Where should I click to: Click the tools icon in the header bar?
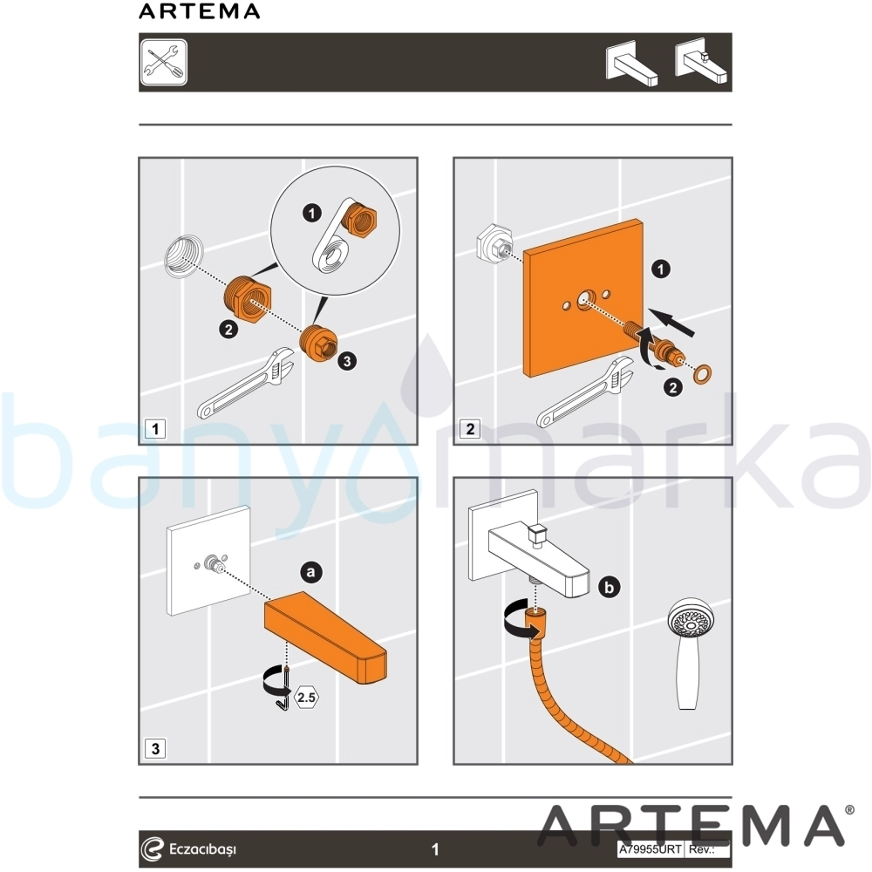tap(164, 62)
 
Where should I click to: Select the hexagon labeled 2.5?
tap(306, 697)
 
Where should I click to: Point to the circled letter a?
tap(311, 572)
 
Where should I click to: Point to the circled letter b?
tap(610, 587)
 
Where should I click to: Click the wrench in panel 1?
tap(245, 384)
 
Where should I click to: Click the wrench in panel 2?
tap(584, 392)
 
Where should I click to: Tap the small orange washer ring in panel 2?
tap(702, 374)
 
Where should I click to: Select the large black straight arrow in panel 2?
tap(673, 323)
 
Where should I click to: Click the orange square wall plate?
tap(583, 298)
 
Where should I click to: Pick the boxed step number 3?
tap(155, 748)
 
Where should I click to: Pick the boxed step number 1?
tap(155, 429)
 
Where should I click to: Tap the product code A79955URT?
tap(651, 849)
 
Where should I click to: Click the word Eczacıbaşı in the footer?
tap(202, 849)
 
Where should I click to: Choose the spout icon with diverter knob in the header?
tap(701, 65)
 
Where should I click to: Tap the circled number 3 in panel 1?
tap(347, 361)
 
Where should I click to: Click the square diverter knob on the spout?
tap(537, 534)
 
